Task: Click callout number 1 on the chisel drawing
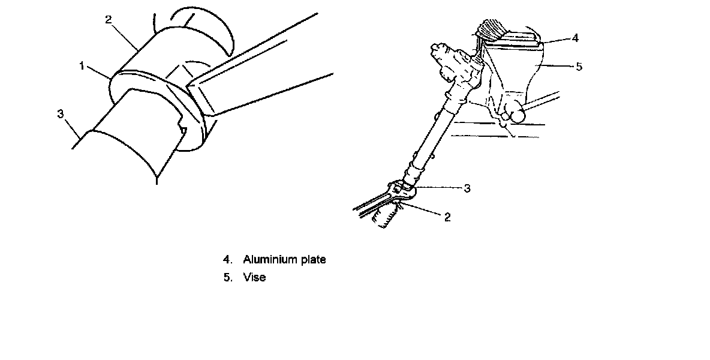click(x=82, y=65)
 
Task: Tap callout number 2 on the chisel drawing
click(x=108, y=20)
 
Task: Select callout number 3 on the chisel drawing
click(x=61, y=113)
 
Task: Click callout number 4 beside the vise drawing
click(x=575, y=38)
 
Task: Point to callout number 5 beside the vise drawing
click(x=579, y=67)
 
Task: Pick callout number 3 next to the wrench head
click(x=467, y=188)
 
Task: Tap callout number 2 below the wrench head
click(x=447, y=218)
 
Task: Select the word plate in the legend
click(x=311, y=260)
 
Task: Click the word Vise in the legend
click(x=254, y=278)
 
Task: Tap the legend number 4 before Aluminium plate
click(x=227, y=260)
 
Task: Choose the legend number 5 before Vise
click(x=227, y=278)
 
